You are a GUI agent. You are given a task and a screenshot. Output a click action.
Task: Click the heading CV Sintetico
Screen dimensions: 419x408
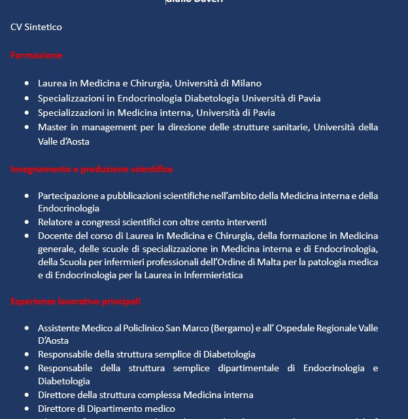tap(36, 27)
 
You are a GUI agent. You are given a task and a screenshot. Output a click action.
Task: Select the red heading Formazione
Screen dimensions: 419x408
tap(36, 55)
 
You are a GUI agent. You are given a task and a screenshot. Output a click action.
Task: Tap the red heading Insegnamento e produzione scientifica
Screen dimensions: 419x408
tap(92, 169)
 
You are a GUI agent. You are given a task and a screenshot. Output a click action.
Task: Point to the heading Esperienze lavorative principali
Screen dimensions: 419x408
tap(75, 301)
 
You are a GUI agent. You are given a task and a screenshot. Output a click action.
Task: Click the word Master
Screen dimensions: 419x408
tap(53, 127)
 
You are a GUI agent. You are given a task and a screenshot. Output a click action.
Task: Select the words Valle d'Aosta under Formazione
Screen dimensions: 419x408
tap(63, 141)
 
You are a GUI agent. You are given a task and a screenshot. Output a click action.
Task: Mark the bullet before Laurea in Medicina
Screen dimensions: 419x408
tap(27, 84)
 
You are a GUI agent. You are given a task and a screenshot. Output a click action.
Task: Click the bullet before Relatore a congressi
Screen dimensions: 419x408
tap(27, 223)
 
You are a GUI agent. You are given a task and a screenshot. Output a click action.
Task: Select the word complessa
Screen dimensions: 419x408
tap(175, 395)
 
